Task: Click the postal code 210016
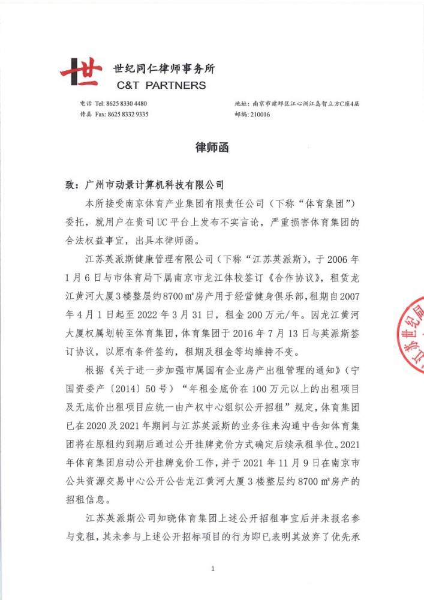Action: click(260, 114)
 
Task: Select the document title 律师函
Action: click(212, 148)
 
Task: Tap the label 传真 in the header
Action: click(86, 114)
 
